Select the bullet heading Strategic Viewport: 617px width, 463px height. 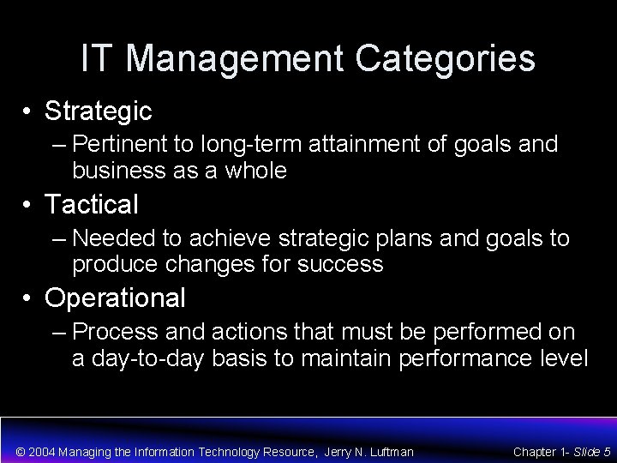coord(99,111)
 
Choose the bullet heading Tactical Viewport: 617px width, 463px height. coord(91,205)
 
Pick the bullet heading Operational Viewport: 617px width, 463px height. coord(115,298)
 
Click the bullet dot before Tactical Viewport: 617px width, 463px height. coord(29,206)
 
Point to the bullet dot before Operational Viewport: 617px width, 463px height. coord(29,298)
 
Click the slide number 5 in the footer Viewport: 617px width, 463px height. coord(607,451)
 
